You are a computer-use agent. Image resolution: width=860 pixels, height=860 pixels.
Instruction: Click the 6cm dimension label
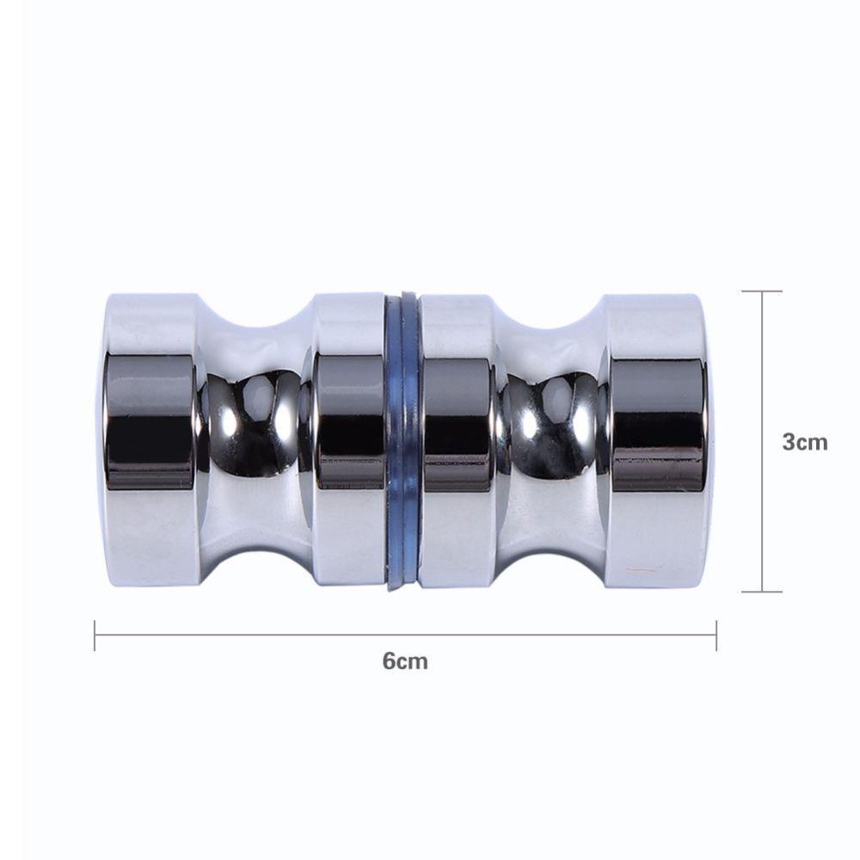pyautogui.click(x=405, y=660)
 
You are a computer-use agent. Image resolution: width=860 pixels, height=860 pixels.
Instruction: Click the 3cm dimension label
pyautogui.click(x=805, y=441)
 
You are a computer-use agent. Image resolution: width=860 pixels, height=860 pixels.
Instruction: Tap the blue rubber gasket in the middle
pyautogui.click(x=403, y=441)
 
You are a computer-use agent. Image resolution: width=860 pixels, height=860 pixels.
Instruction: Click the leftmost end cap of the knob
pyautogui.click(x=150, y=440)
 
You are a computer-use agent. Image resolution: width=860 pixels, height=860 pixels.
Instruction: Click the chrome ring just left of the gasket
pyautogui.click(x=349, y=440)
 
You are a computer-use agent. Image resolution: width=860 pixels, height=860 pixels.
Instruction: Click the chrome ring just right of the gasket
pyautogui.click(x=458, y=440)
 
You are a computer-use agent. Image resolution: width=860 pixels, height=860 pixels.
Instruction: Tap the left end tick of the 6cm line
pyautogui.click(x=95, y=636)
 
